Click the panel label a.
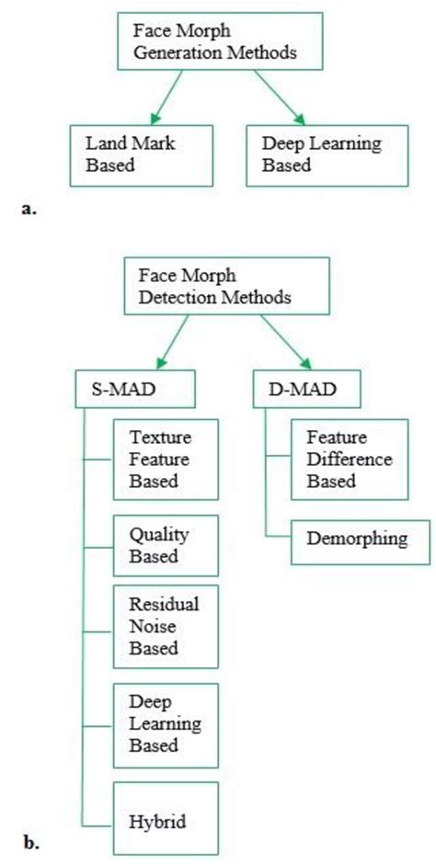click(27, 210)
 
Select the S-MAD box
click(135, 389)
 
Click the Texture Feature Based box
click(165, 456)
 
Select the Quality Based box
click(165, 546)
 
